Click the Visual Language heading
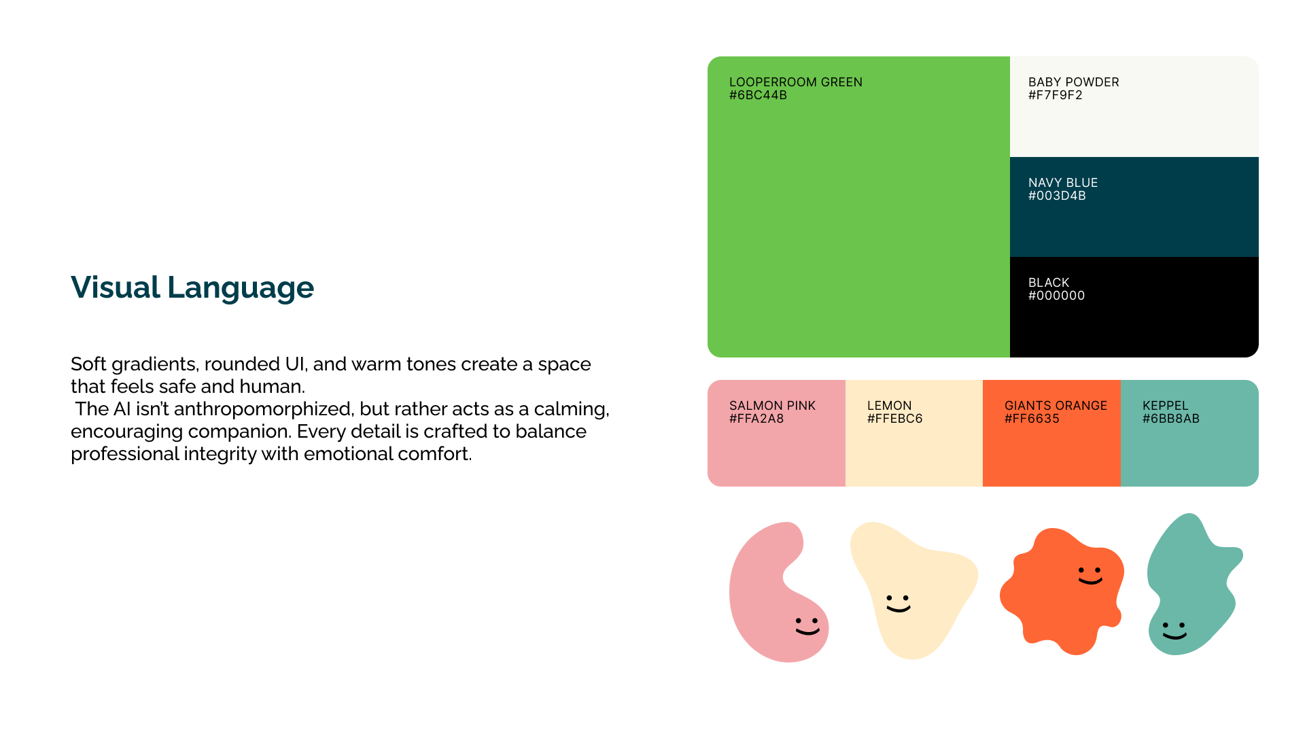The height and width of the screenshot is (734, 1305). (x=192, y=287)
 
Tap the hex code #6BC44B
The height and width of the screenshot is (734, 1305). (x=758, y=95)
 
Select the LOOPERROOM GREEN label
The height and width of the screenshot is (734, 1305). (x=796, y=82)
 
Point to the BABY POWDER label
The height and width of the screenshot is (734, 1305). (x=1073, y=82)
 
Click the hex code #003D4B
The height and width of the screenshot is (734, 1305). (x=1057, y=196)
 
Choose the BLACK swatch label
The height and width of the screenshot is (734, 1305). (x=1049, y=283)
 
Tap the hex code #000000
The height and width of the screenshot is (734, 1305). (x=1056, y=296)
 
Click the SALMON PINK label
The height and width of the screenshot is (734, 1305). (x=772, y=406)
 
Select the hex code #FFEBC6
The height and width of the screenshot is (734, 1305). (x=894, y=419)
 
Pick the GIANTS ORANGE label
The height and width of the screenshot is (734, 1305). (x=1056, y=406)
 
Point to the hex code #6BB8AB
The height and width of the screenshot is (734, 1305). (x=1170, y=419)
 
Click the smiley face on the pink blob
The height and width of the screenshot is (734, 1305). (x=807, y=626)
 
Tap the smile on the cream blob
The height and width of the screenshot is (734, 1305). (x=899, y=608)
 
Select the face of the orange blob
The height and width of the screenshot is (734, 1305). (x=1090, y=576)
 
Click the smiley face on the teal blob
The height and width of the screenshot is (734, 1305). (x=1174, y=631)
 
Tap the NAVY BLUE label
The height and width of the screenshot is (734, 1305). (x=1063, y=183)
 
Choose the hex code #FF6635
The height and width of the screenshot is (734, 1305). (x=1032, y=419)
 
